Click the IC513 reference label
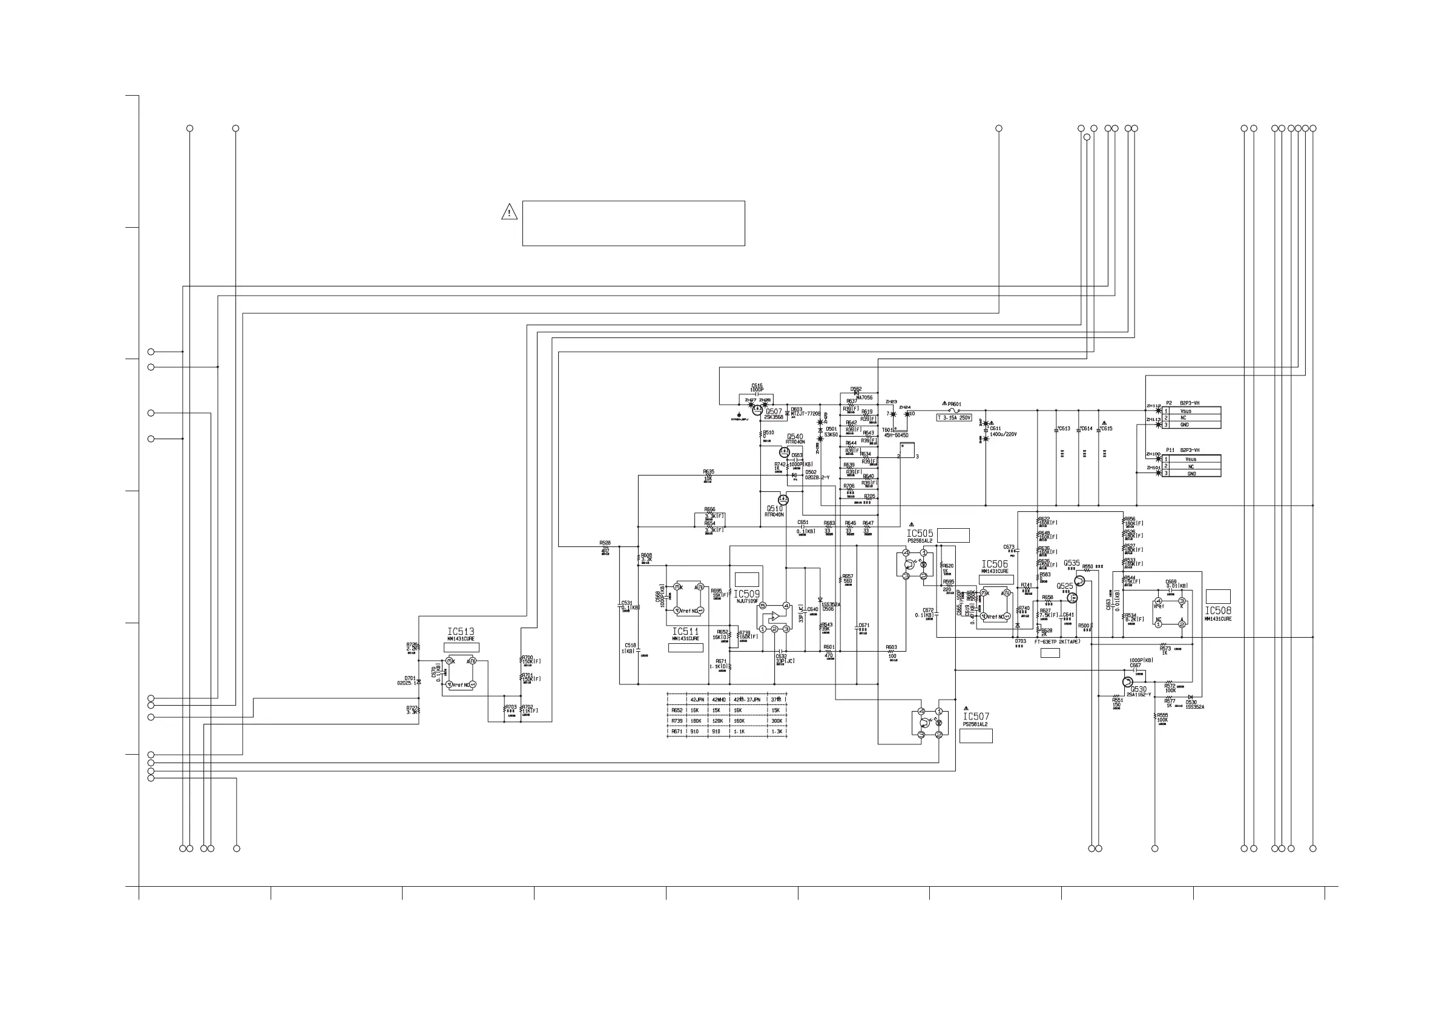click(x=460, y=632)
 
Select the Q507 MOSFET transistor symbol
click(x=757, y=409)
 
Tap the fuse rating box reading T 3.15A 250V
click(x=954, y=417)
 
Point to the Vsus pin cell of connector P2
click(x=1186, y=411)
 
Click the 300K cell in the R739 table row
click(x=777, y=721)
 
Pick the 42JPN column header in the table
click(x=697, y=700)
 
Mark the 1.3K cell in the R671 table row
click(x=777, y=732)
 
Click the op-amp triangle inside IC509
click(x=775, y=616)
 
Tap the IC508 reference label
click(x=1218, y=610)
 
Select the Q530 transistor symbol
click(x=1128, y=682)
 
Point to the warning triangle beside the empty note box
click(x=509, y=213)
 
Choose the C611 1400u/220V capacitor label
click(x=1002, y=432)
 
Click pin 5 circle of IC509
click(x=762, y=606)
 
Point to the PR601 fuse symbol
click(x=954, y=411)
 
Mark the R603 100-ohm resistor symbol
click(x=891, y=652)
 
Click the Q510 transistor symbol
click(x=783, y=500)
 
